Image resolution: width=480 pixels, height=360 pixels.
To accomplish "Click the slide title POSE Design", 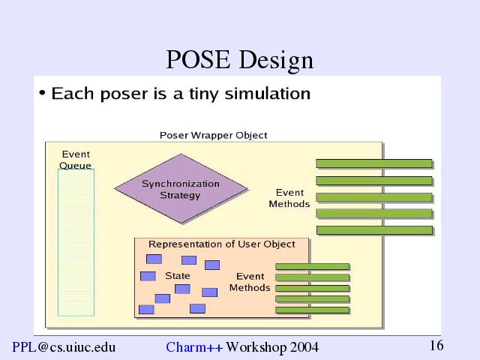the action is tap(240, 60).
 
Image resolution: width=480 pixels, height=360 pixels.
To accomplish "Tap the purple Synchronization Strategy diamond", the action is tap(181, 188).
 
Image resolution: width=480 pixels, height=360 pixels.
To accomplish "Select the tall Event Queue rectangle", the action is tap(76, 242).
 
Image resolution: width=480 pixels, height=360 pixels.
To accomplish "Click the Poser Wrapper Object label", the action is tap(213, 135).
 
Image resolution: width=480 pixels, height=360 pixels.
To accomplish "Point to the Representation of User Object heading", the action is tap(222, 244).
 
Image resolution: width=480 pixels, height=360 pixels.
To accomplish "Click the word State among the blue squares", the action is tap(178, 276).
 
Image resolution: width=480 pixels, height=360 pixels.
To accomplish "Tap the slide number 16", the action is tap(436, 346).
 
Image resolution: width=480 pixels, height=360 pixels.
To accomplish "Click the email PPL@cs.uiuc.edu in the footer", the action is tap(64, 347).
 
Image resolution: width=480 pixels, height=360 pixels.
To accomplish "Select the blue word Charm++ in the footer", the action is tap(194, 347).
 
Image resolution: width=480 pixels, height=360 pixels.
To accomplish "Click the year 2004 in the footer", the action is tap(304, 347).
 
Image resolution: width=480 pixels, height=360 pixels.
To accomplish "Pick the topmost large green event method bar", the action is tap(374, 163).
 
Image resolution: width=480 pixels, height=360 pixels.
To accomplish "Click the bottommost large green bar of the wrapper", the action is tap(375, 230).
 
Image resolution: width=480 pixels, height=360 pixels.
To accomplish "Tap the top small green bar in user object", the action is tap(312, 267).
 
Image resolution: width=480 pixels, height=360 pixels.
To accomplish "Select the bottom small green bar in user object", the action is tap(312, 310).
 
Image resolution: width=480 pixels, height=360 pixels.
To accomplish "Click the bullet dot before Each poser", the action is tap(42, 92).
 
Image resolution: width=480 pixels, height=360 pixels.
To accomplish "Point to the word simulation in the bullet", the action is tap(268, 93).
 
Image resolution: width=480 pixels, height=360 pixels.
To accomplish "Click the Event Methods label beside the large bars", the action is tap(289, 198).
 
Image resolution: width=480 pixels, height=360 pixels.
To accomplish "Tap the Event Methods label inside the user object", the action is tap(250, 282).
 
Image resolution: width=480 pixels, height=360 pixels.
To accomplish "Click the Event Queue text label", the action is tap(76, 160).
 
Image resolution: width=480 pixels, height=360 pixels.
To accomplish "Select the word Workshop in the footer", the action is tap(256, 347).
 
